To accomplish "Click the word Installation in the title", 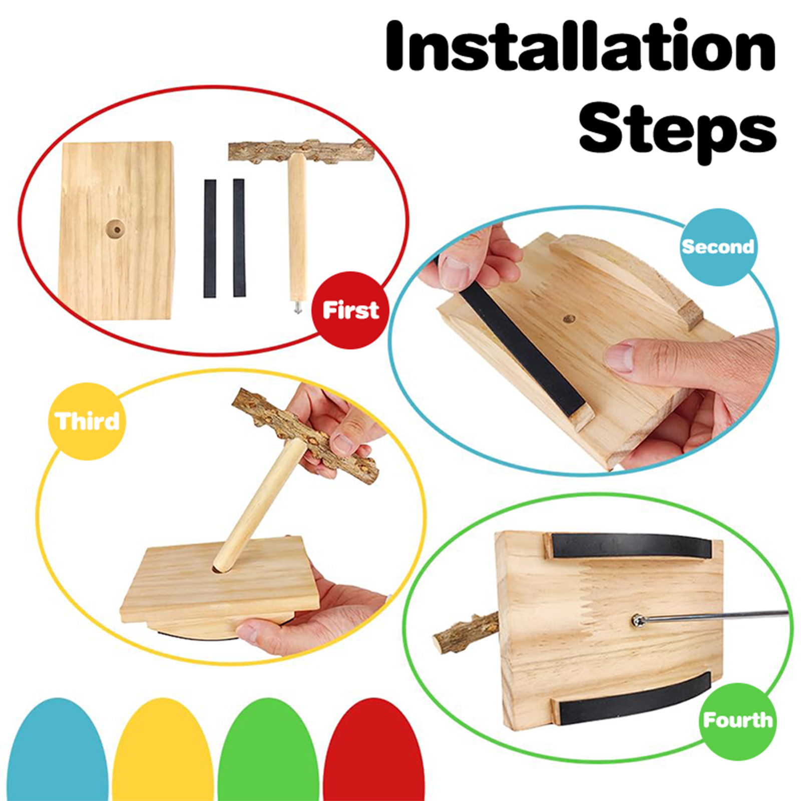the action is pyautogui.click(x=581, y=46).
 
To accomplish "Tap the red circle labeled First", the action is pyautogui.click(x=350, y=310).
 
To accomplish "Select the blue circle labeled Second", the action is pyautogui.click(x=718, y=247).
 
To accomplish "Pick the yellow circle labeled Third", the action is pyautogui.click(x=87, y=421).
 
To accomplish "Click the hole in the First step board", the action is pyautogui.click(x=116, y=230).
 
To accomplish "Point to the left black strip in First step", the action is pyautogui.click(x=210, y=238).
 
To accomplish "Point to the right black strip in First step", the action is pyautogui.click(x=239, y=237).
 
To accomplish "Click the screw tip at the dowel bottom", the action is pyautogui.click(x=297, y=307).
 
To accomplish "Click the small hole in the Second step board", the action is pyautogui.click(x=569, y=318).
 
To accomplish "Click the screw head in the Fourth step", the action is pyautogui.click(x=638, y=621).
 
